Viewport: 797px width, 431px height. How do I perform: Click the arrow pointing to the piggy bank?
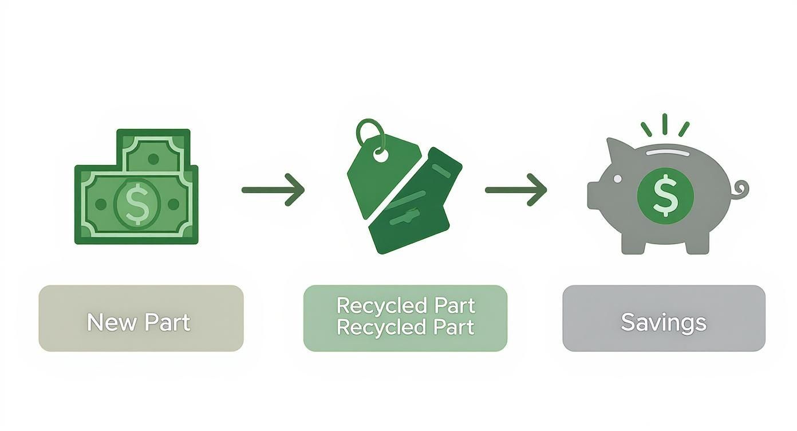516,190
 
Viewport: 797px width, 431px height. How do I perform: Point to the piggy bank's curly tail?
741,190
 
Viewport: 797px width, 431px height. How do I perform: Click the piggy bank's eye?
617,179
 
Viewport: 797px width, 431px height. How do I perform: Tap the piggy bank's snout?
594,195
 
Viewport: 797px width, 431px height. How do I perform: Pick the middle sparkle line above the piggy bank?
665,124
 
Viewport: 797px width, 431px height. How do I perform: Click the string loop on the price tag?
370,133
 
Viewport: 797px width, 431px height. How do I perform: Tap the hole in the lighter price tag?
380,154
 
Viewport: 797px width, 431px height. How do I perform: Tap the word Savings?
664,323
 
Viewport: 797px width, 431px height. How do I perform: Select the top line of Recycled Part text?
405,305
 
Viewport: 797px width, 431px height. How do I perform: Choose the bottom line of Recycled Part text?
405,327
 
